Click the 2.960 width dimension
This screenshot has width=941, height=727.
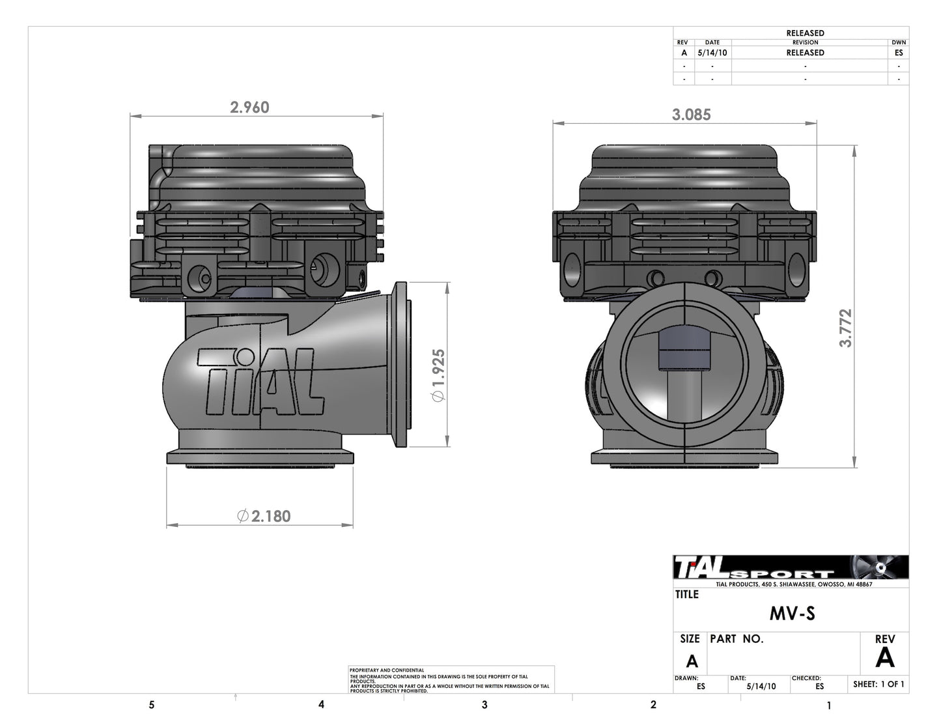click(x=249, y=107)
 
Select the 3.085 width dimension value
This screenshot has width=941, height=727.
click(x=691, y=115)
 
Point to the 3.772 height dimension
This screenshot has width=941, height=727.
click(x=845, y=328)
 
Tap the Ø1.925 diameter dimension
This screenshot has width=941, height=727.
click(x=438, y=376)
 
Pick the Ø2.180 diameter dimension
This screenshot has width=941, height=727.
click(x=264, y=516)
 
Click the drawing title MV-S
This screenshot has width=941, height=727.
click(x=792, y=614)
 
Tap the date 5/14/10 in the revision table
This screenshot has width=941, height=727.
click(x=712, y=53)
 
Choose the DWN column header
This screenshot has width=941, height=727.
click(x=899, y=42)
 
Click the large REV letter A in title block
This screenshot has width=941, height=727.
click(x=884, y=658)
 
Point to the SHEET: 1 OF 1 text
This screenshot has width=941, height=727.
click(x=878, y=684)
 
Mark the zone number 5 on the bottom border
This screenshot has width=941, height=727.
click(x=152, y=705)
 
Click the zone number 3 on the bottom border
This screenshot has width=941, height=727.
click(x=484, y=705)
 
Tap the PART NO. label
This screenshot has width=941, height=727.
click(x=736, y=639)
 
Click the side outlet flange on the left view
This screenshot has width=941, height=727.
click(x=401, y=365)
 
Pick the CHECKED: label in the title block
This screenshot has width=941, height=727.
click(x=806, y=678)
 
